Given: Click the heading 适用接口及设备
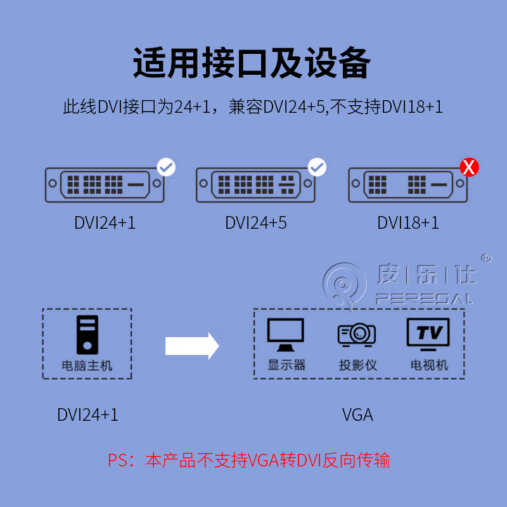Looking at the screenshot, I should tap(252, 63).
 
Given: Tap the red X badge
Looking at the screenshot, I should tap(469, 167).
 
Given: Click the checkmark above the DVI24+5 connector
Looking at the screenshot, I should tap(317, 167).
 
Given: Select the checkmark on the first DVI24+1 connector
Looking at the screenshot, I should tap(166, 167).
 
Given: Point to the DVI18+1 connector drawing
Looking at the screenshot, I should tap(408, 186).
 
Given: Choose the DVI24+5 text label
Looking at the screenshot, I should tap(256, 222).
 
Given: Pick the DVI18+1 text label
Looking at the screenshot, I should tap(408, 222).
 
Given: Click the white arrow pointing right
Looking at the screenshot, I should tap(191, 346).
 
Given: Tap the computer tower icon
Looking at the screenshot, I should tap(87, 335).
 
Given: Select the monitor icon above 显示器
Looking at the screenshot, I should tap(286, 335).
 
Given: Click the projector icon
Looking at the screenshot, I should tap(357, 335).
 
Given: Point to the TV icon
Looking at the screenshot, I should tap(428, 335).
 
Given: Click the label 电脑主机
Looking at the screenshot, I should tap(87, 366).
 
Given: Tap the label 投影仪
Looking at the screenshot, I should tap(357, 366).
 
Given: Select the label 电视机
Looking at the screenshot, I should tap(429, 366).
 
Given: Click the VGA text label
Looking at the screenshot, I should tap(357, 415).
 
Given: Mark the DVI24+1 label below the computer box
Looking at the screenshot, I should tap(87, 415).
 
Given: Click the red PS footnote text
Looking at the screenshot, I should tap(248, 459).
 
